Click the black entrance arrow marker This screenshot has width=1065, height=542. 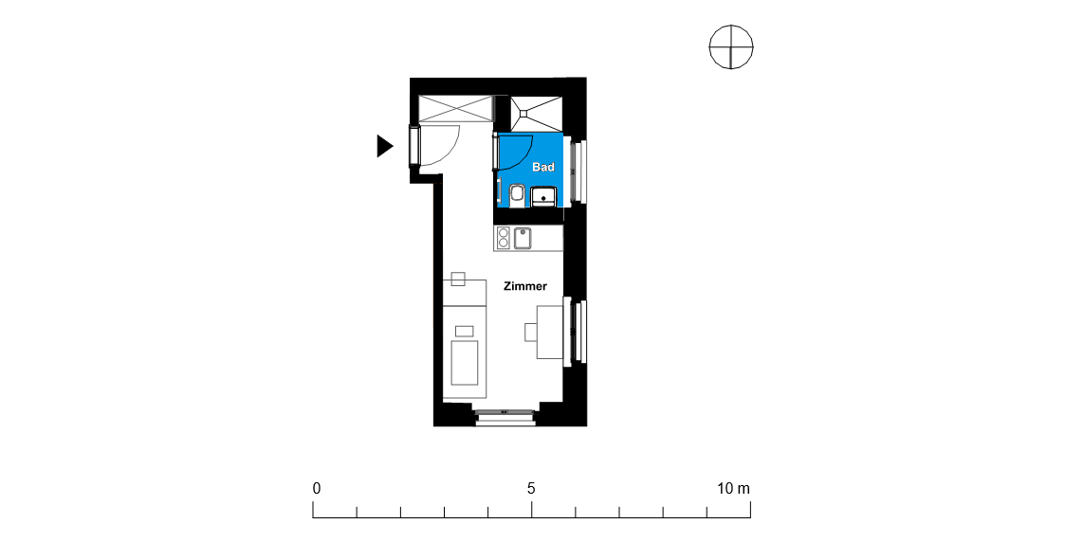(384, 146)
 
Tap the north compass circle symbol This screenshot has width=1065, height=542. (731, 46)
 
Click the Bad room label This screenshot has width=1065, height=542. (543, 167)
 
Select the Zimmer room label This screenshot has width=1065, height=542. (525, 286)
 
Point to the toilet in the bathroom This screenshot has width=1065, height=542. (516, 193)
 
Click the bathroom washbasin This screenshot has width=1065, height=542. (544, 197)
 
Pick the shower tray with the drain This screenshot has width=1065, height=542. (537, 113)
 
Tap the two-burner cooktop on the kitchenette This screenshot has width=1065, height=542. (504, 238)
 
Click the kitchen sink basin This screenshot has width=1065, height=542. (523, 238)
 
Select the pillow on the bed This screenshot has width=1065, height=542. (464, 331)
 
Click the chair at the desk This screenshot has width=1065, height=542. (530, 332)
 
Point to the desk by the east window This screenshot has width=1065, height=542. (550, 332)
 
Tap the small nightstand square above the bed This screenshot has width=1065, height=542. (458, 279)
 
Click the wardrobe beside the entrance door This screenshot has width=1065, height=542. (455, 109)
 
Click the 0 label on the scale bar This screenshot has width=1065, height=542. (317, 488)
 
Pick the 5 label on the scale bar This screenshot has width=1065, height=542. (531, 488)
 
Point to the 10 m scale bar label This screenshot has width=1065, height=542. (733, 488)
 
